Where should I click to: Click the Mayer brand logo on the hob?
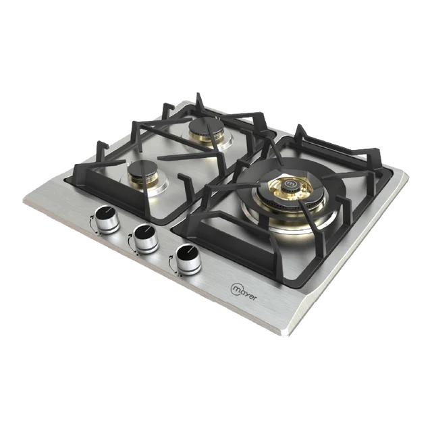(244, 292)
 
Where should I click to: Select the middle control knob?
(146, 238)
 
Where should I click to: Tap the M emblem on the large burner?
(290, 183)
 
